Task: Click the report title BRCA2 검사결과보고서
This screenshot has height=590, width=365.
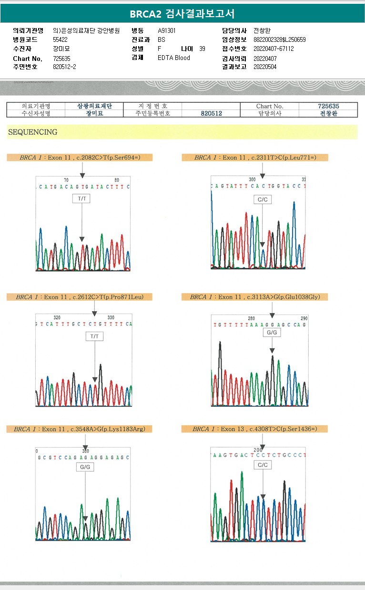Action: click(182, 13)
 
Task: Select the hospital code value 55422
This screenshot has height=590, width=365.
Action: click(60, 39)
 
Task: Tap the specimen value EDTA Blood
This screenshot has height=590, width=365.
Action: click(173, 58)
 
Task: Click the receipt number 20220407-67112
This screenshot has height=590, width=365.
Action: click(274, 49)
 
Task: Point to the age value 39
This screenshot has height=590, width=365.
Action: click(202, 49)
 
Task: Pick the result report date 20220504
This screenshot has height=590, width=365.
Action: click(265, 67)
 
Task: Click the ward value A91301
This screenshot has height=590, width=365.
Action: click(167, 30)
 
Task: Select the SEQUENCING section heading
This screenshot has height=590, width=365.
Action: click(32, 132)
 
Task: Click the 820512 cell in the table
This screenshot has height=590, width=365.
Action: click(211, 114)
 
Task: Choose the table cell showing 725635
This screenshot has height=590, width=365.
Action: click(328, 106)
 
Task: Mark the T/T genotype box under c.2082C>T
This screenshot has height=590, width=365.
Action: click(81, 198)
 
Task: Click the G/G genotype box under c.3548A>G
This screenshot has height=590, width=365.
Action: click(85, 467)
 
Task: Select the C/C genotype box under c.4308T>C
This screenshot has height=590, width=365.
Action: click(263, 464)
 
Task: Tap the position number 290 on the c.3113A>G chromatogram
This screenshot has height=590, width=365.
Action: click(304, 318)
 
